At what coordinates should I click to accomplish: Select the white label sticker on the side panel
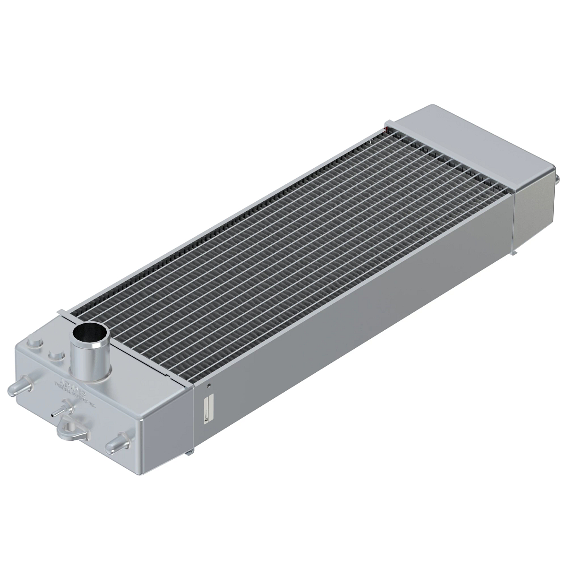(x=209, y=407)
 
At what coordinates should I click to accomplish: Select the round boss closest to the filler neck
(x=56, y=355)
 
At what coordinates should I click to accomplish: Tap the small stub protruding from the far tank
(x=558, y=179)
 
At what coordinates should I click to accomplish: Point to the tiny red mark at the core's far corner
(x=387, y=127)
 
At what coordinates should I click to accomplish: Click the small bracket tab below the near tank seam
(x=190, y=453)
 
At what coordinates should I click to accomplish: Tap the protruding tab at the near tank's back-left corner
(x=60, y=312)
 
